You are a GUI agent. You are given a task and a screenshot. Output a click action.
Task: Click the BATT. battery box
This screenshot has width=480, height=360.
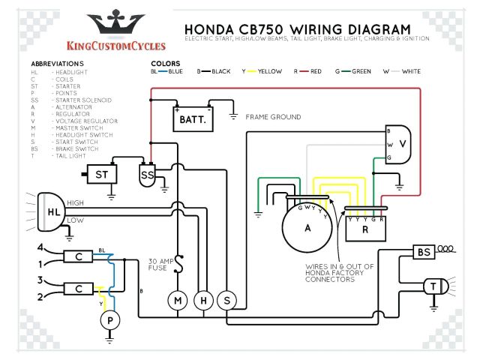pos(193,118)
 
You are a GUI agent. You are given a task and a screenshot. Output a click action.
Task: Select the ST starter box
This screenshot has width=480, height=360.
pos(101,175)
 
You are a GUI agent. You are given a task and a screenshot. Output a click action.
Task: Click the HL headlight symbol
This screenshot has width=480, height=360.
pos(50,211)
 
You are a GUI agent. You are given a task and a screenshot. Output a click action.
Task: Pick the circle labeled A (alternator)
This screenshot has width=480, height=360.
pos(307,229)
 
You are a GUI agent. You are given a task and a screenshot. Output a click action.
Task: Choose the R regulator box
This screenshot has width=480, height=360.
pos(364,230)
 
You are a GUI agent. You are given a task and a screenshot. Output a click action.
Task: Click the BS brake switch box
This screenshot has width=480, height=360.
pos(424,253)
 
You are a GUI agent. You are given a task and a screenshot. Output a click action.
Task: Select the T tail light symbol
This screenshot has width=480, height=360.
pos(433,286)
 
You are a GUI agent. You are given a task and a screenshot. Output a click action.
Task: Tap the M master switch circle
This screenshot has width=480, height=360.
pos(178,301)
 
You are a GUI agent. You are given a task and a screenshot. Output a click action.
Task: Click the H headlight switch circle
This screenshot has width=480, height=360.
pos(202,301)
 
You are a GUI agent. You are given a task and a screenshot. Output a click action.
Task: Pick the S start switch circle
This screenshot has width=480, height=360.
pos(226,301)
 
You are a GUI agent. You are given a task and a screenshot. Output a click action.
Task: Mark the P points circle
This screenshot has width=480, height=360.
pos(110,320)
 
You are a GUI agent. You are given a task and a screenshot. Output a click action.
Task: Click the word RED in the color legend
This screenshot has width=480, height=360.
pos(313,71)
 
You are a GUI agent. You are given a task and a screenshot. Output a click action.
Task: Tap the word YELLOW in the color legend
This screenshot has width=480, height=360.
pos(269,71)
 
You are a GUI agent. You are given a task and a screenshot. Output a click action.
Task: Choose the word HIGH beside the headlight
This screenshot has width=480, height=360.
pos(76,202)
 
